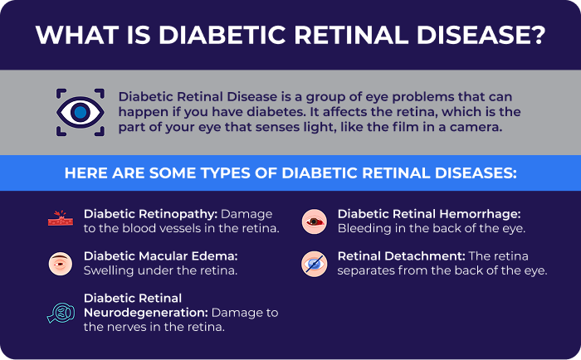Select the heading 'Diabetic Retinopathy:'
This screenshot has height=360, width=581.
[x=147, y=213]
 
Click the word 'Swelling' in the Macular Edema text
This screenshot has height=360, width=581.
[x=109, y=270]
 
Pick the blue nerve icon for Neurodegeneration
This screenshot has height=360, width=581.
[x=61, y=312]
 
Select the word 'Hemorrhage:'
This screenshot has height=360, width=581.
[x=485, y=213]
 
